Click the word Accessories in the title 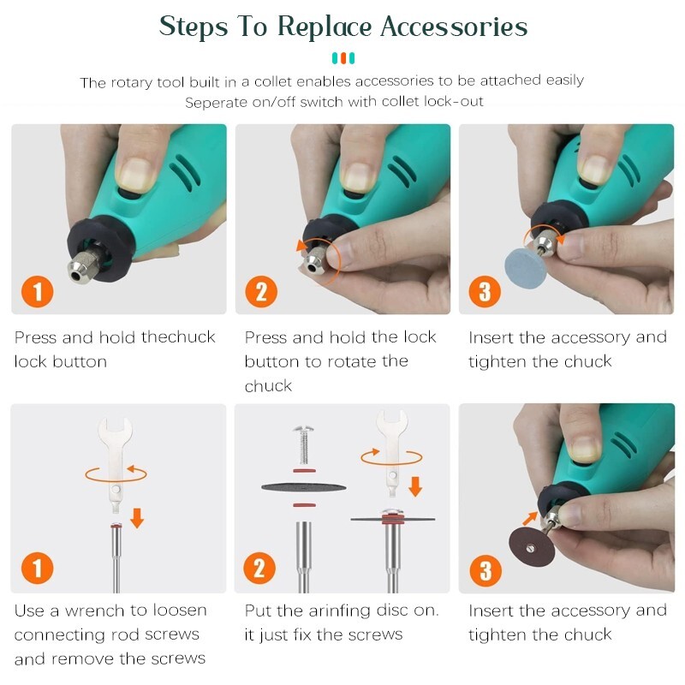pyautogui.click(x=454, y=27)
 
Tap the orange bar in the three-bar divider pyautogui.click(x=343, y=58)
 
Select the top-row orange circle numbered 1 pyautogui.click(x=38, y=291)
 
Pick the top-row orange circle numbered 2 pyautogui.click(x=261, y=291)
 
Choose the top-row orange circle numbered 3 pyautogui.click(x=485, y=291)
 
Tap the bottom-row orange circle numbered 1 pyautogui.click(x=38, y=568)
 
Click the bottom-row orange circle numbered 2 pyautogui.click(x=259, y=568)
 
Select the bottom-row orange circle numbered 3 pyautogui.click(x=485, y=570)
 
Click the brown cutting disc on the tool pyautogui.click(x=531, y=547)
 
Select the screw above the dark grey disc pyautogui.click(x=304, y=444)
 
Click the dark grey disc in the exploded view pyautogui.click(x=304, y=487)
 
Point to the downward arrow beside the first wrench pyautogui.click(x=137, y=518)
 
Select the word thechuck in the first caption pyautogui.click(x=178, y=337)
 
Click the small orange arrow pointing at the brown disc pyautogui.click(x=530, y=518)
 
